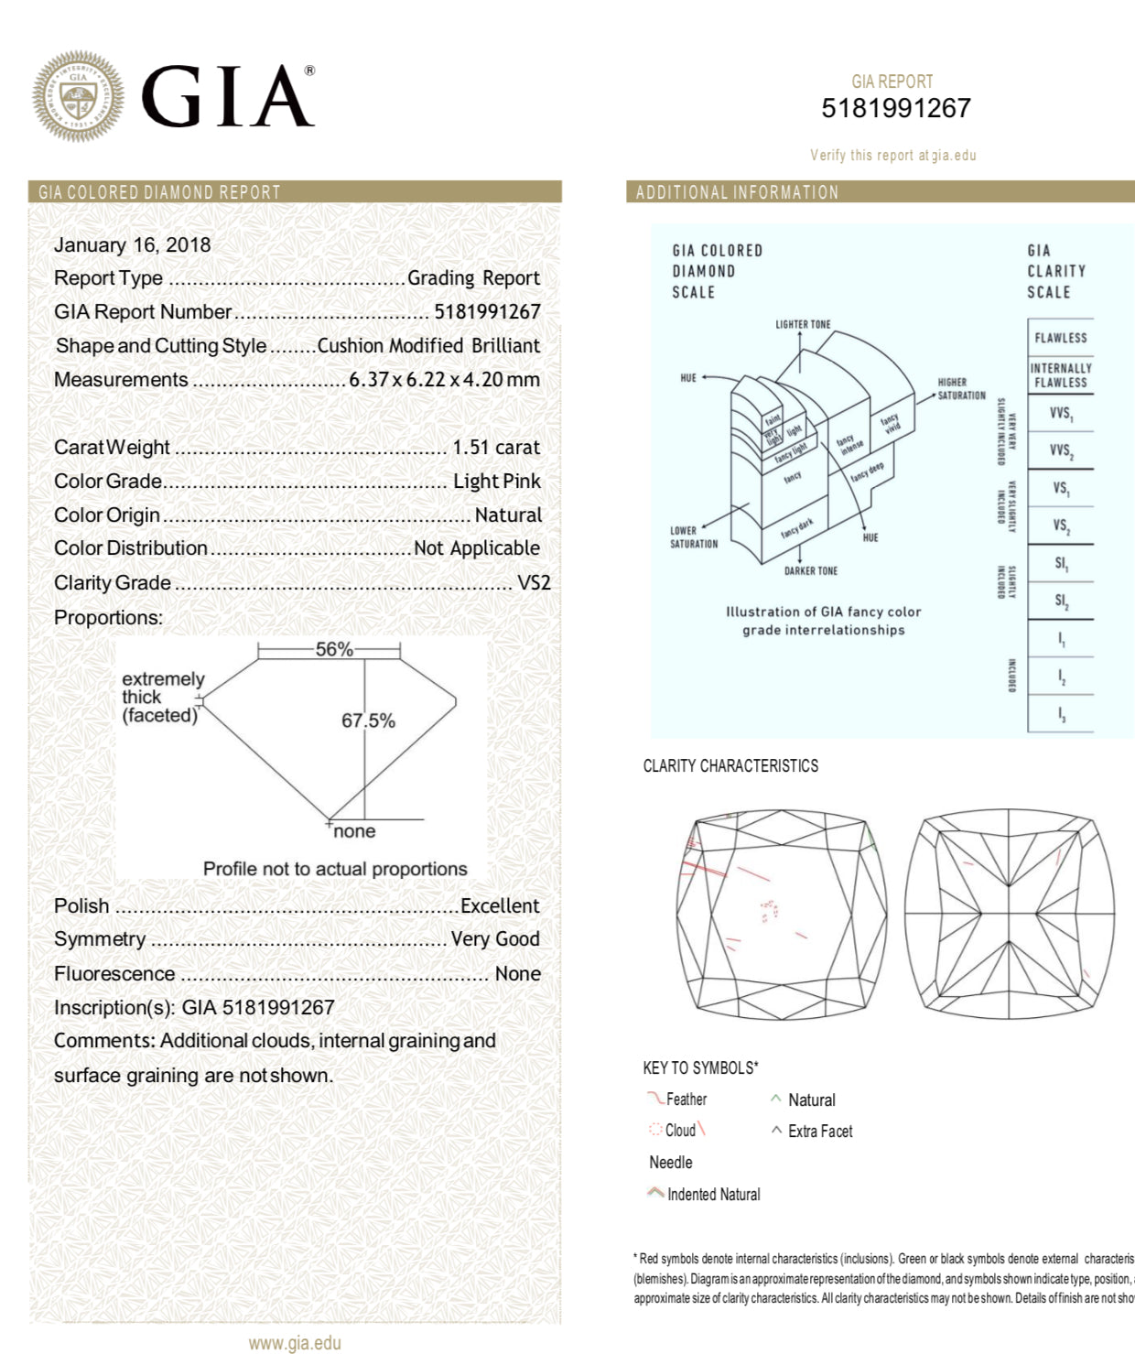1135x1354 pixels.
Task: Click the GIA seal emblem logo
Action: pyautogui.click(x=79, y=97)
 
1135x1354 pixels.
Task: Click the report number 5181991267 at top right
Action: pyautogui.click(x=895, y=109)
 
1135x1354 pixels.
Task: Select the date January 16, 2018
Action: pyautogui.click(x=132, y=244)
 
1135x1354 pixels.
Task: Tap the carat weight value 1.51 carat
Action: pyautogui.click(x=496, y=448)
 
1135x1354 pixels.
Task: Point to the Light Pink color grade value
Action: pyautogui.click(x=496, y=482)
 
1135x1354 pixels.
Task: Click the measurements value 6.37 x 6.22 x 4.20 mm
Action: pyautogui.click(x=444, y=380)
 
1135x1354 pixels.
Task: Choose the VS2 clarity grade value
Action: pyautogui.click(x=534, y=583)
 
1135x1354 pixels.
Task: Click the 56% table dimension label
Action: pyautogui.click(x=333, y=649)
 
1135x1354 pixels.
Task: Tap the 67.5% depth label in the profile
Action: pyautogui.click(x=369, y=720)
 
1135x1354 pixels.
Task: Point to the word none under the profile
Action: pyautogui.click(x=354, y=831)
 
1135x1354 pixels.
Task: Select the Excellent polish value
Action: pyautogui.click(x=500, y=906)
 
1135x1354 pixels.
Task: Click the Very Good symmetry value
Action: pyautogui.click(x=495, y=939)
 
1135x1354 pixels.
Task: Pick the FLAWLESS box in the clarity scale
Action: pyautogui.click(x=1060, y=338)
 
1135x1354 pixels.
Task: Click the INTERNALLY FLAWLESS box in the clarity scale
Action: pyautogui.click(x=1060, y=375)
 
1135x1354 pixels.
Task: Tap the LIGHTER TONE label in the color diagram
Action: pyautogui.click(x=803, y=324)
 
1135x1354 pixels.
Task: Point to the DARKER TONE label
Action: pyautogui.click(x=810, y=571)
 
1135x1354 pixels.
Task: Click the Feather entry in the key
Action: pyautogui.click(x=686, y=1099)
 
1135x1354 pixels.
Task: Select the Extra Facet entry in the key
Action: pyautogui.click(x=819, y=1132)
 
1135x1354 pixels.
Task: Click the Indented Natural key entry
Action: pyautogui.click(x=713, y=1195)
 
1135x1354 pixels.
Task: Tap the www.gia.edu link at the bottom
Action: pyautogui.click(x=295, y=1343)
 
